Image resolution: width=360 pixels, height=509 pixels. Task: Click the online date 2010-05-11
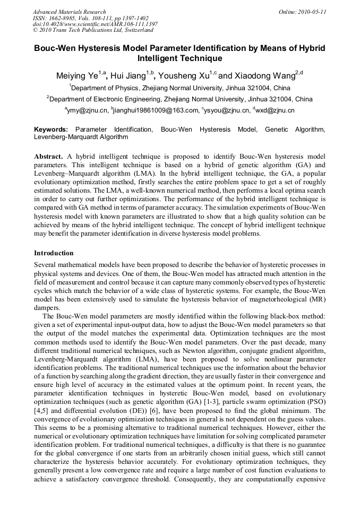[x=310, y=12]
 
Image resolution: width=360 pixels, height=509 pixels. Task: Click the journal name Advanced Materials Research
[x=70, y=12]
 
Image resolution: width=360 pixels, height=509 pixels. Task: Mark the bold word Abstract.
[x=48, y=157]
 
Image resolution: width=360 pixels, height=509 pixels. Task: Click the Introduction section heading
[x=54, y=253]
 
